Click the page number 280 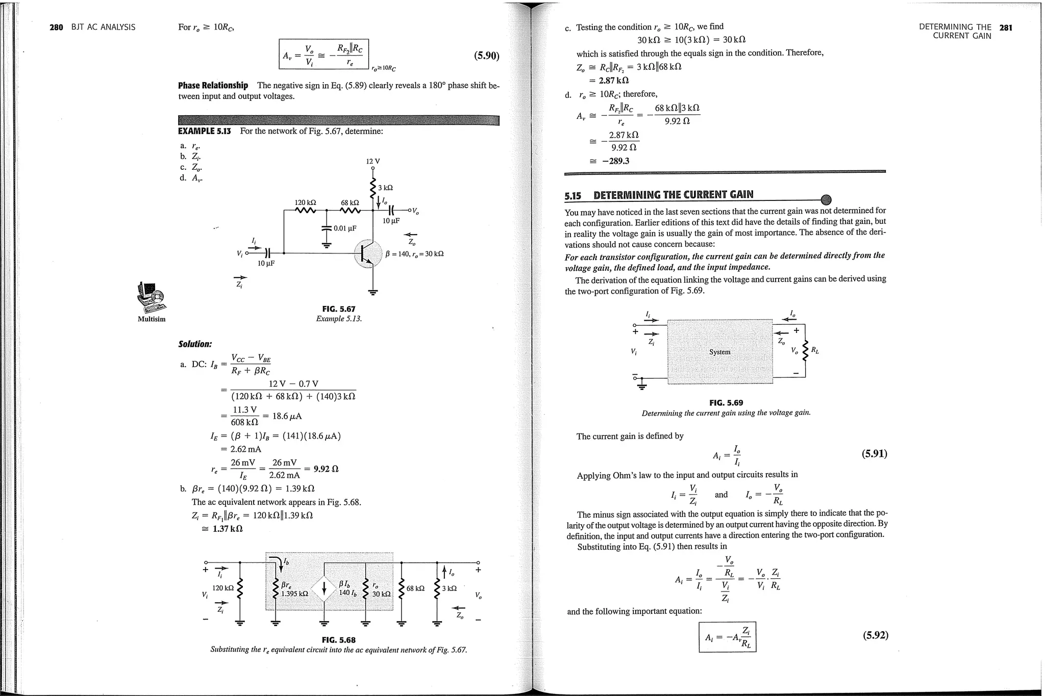(x=56, y=27)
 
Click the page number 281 (x=1006, y=28)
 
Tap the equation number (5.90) (x=486, y=56)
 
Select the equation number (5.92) (x=875, y=635)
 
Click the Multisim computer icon (x=152, y=298)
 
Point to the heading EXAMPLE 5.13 (x=204, y=131)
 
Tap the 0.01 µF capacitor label (x=345, y=228)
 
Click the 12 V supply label (x=373, y=161)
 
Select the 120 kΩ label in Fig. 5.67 (x=305, y=202)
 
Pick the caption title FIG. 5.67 (x=339, y=309)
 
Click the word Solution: (x=195, y=344)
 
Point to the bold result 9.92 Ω (x=326, y=469)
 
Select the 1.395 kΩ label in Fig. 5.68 (x=294, y=594)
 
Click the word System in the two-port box (x=719, y=352)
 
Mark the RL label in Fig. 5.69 (x=815, y=350)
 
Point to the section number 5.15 (x=573, y=195)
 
